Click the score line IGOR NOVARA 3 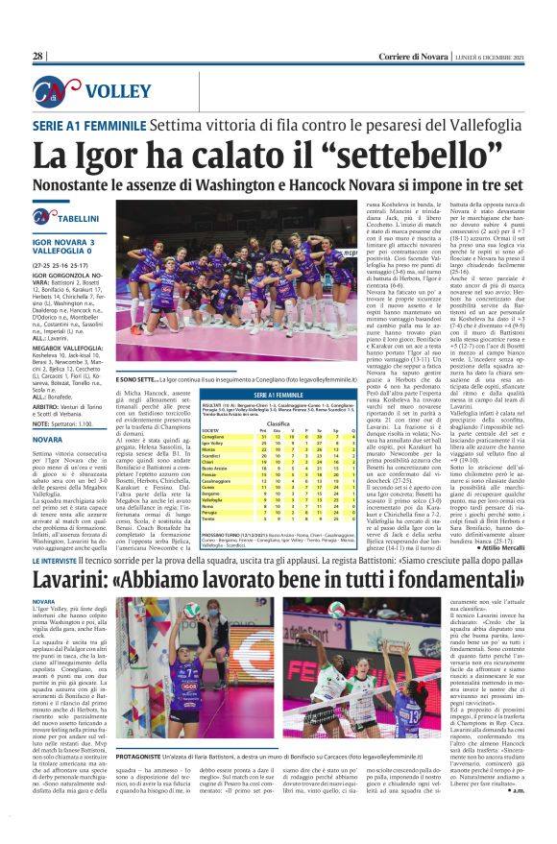tap(63, 242)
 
